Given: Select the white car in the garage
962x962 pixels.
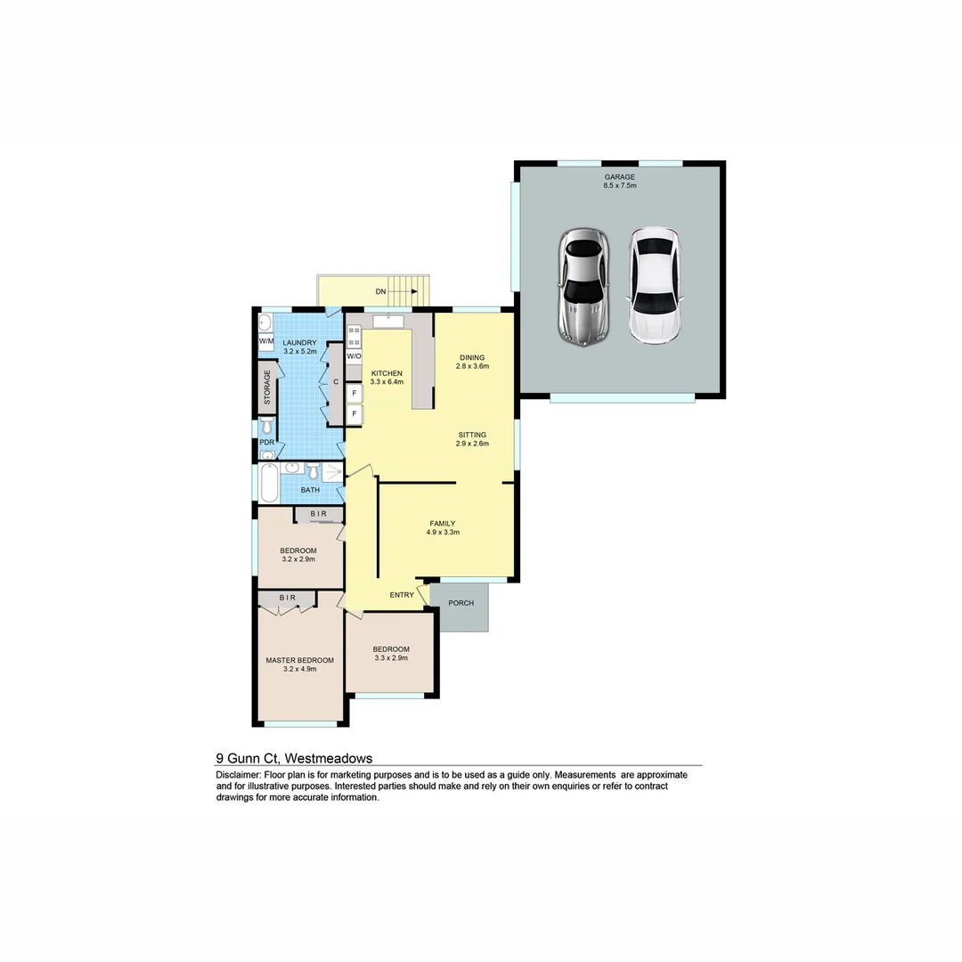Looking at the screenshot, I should click(655, 285).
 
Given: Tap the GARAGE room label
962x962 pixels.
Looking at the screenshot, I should click(619, 176).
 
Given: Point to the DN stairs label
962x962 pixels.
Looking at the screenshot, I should click(380, 291).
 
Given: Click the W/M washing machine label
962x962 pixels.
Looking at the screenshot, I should click(265, 341).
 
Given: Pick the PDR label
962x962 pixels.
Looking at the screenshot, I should click(266, 442).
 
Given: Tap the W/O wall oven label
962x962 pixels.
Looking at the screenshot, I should click(354, 356).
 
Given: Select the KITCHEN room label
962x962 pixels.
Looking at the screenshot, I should click(387, 373).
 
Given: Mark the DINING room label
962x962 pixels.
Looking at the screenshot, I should click(472, 357).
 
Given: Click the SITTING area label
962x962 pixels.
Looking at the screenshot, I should click(472, 435).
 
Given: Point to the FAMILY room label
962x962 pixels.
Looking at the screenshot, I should click(443, 524).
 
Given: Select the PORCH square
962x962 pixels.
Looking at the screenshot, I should click(461, 604).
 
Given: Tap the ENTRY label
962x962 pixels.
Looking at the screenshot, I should click(402, 595).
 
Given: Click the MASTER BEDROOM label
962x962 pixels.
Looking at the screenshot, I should click(300, 660).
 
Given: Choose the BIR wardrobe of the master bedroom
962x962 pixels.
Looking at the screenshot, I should click(287, 599).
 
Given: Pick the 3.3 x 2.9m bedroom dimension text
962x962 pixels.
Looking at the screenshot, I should click(391, 658).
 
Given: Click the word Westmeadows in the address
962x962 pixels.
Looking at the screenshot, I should click(328, 758).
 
